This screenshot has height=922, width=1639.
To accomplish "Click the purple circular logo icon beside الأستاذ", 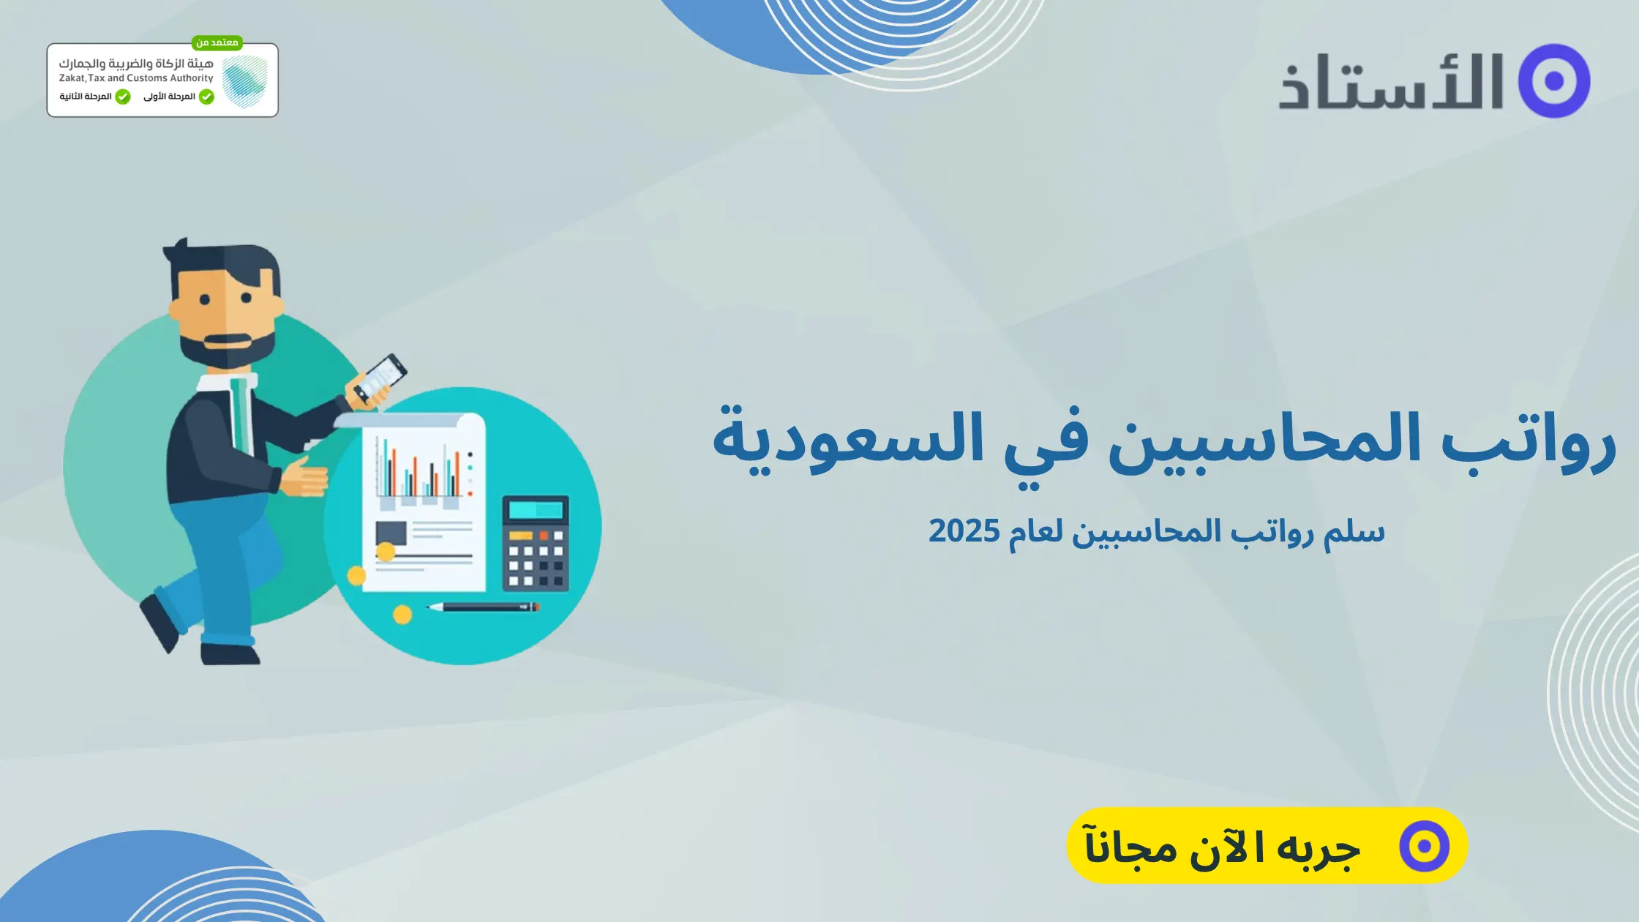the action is tap(1554, 80).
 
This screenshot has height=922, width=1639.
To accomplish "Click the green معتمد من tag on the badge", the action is tap(217, 42).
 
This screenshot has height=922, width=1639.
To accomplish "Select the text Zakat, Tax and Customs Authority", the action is tap(136, 78).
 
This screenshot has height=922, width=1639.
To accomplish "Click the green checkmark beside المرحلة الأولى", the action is tap(206, 97).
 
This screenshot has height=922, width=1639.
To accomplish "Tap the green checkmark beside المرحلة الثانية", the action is tap(123, 97).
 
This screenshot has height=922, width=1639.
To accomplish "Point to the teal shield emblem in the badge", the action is tap(244, 80).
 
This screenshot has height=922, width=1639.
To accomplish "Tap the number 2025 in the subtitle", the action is tap(964, 531).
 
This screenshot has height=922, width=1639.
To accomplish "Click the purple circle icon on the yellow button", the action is tap(1424, 846).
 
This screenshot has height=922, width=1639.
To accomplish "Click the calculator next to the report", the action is tap(536, 544).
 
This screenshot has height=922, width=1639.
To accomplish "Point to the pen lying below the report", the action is tap(483, 607).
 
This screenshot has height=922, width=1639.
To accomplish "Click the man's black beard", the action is tap(227, 348).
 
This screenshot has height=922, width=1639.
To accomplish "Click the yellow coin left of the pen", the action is tap(402, 615).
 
